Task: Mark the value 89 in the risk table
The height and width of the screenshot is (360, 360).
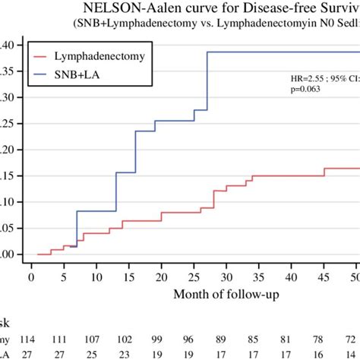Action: coord(220,338)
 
